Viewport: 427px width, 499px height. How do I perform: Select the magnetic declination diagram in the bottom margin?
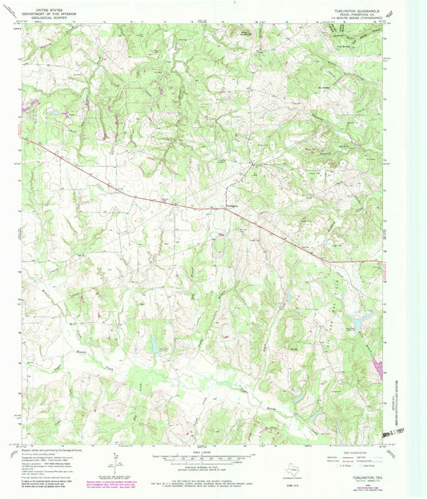pos(118,463)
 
